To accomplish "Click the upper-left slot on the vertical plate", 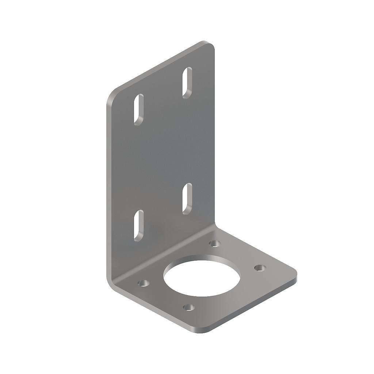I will pyautogui.click(x=139, y=110).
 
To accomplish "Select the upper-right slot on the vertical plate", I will pyautogui.click(x=187, y=83).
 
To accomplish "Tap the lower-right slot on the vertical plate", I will pyautogui.click(x=187, y=198).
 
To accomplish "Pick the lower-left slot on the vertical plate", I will pyautogui.click(x=139, y=225).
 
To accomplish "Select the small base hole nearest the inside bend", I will pyautogui.click(x=215, y=243).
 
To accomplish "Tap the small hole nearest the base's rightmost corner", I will pyautogui.click(x=260, y=268).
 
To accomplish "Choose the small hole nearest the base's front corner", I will pyautogui.click(x=188, y=307).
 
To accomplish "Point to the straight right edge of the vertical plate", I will pyautogui.click(x=214, y=139).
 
